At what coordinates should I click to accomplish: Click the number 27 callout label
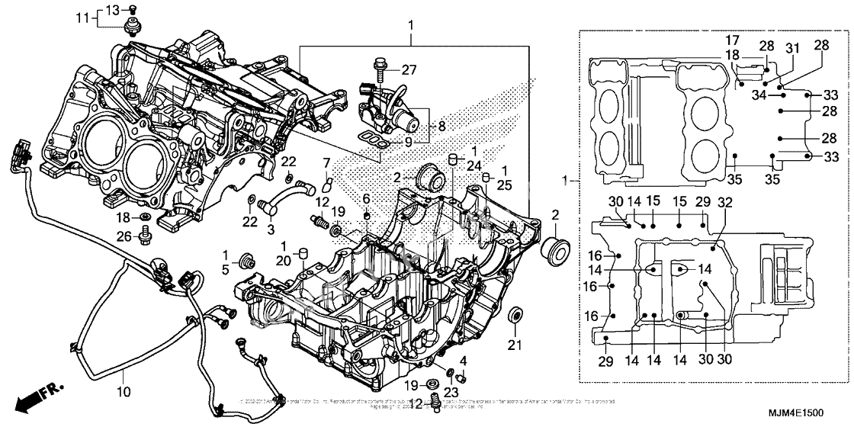tap(409, 70)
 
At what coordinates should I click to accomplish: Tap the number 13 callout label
tap(111, 10)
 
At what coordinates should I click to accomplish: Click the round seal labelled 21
tap(515, 315)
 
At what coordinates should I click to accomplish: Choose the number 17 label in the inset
tap(731, 40)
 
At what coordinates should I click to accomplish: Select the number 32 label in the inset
tap(724, 202)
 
